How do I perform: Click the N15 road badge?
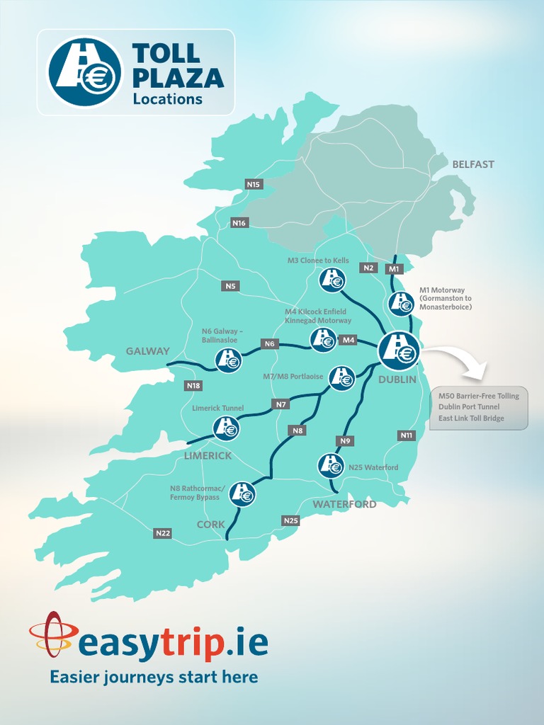(254, 184)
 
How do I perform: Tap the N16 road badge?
(239, 223)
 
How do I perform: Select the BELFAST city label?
(473, 164)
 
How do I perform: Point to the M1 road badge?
(395, 269)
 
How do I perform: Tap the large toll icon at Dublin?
(399, 350)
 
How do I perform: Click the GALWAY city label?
(148, 351)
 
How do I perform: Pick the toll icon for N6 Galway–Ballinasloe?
(229, 360)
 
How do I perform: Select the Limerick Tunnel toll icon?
(226, 428)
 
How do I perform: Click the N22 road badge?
(162, 533)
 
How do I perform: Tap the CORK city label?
(211, 525)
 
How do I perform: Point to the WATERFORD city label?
(345, 504)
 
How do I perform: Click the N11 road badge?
(407, 435)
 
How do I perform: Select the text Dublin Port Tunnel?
(469, 407)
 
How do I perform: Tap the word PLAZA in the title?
(178, 78)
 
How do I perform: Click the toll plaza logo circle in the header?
(85, 72)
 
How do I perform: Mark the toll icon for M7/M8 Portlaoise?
(342, 377)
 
